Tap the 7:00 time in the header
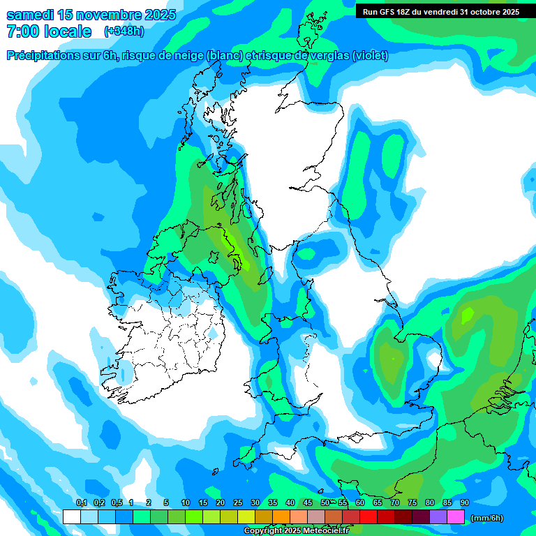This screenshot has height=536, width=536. (x=20, y=31)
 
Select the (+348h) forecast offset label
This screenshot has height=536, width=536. (x=124, y=31)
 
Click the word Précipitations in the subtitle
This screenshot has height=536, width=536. (x=42, y=56)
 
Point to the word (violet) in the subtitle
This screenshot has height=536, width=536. (x=370, y=56)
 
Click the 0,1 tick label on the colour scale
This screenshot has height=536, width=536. (x=81, y=503)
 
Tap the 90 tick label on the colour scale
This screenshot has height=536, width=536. (x=465, y=503)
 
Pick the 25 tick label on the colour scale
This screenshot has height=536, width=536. (x=238, y=503)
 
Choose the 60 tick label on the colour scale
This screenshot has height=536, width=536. (x=360, y=503)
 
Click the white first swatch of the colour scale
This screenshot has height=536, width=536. (x=71, y=516)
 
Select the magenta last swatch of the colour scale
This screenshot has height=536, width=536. (x=456, y=516)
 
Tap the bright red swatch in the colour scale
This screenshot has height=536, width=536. (x=368, y=516)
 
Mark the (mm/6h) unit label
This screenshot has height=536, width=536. (x=487, y=518)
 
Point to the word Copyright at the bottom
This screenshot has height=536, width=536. (x=262, y=531)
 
